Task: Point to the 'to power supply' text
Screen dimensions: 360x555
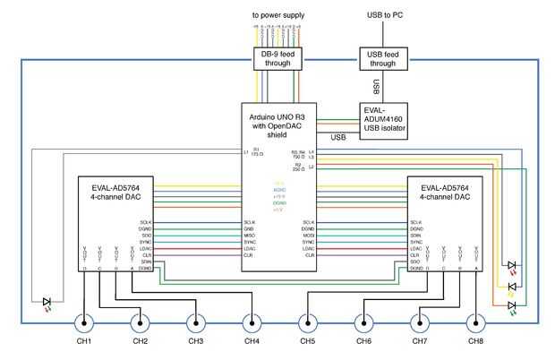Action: [x=277, y=15]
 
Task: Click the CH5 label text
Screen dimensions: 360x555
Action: [x=307, y=342]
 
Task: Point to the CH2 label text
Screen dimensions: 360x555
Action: [x=140, y=342]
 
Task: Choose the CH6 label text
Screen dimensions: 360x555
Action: [x=363, y=342]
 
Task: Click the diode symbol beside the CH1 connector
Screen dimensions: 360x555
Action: [x=47, y=302]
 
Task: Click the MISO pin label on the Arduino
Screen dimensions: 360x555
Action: [x=250, y=235]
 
